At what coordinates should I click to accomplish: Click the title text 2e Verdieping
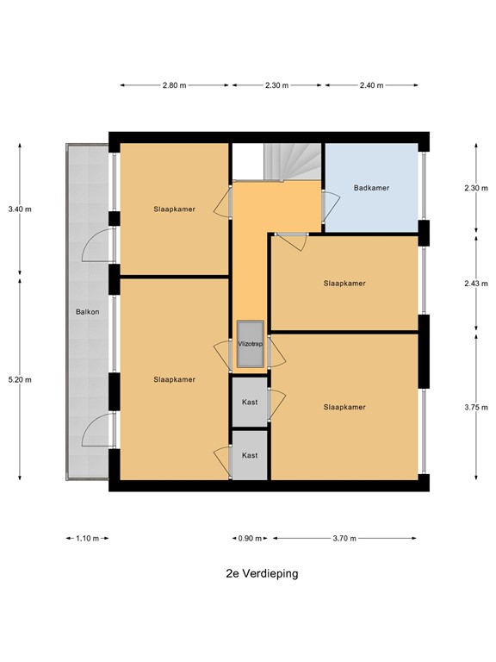pos(257,573)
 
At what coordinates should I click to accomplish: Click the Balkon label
pos(87,312)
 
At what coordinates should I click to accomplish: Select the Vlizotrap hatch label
pos(250,344)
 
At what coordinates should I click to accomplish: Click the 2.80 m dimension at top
pos(175,85)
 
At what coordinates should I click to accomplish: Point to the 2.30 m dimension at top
pos(276,85)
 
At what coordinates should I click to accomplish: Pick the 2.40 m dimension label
pos(370,85)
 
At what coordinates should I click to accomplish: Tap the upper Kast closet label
pos(250,403)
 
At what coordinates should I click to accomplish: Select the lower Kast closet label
pos(250,455)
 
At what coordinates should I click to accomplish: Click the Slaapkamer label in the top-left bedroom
pos(174,209)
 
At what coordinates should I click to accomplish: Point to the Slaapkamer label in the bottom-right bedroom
pos(344,407)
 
